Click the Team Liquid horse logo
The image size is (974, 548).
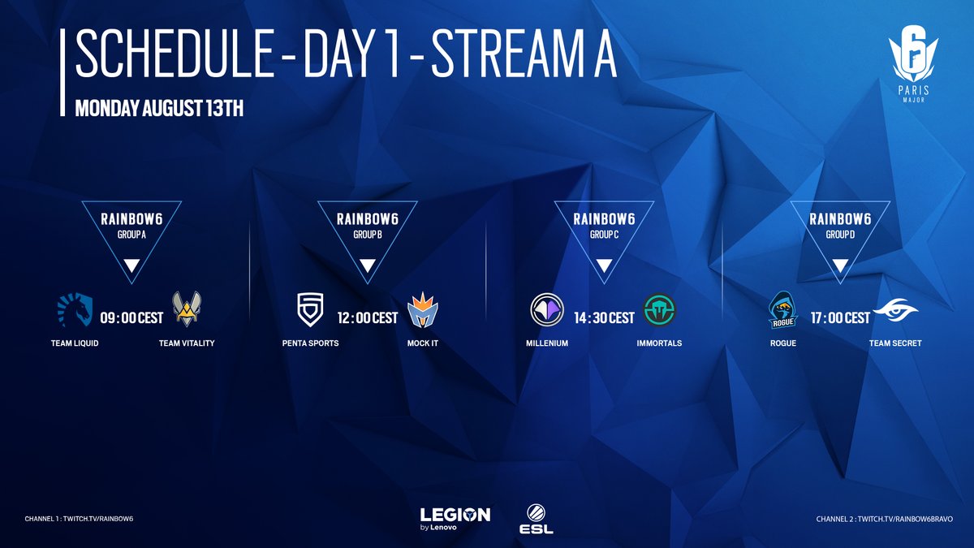tap(75, 309)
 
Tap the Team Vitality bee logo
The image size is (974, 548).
tap(187, 309)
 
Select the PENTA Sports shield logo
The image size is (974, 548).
tap(310, 309)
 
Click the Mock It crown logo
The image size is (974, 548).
tap(423, 309)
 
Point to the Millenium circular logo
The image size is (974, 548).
tap(547, 309)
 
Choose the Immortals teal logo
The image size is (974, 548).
tap(659, 309)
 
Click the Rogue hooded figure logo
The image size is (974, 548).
tap(783, 309)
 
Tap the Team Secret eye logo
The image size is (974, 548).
tap(895, 310)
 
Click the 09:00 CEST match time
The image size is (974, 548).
tap(131, 318)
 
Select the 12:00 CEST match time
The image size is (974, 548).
tap(368, 318)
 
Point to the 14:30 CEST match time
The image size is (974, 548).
tap(604, 318)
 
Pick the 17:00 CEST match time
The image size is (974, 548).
tap(840, 318)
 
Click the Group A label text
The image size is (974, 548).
tap(131, 235)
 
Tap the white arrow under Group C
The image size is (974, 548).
tap(604, 265)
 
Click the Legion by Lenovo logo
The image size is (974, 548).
tap(455, 519)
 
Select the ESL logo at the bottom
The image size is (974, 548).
tap(537, 519)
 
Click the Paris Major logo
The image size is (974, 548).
tap(913, 63)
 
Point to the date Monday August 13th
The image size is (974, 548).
tap(159, 108)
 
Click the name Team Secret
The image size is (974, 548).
tap(895, 343)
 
